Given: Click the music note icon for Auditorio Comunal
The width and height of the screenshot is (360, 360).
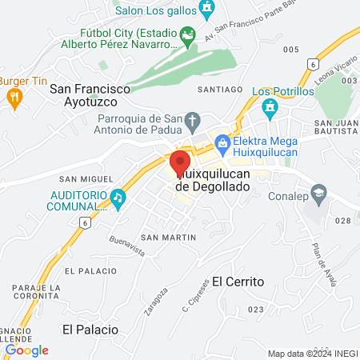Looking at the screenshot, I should (118, 196).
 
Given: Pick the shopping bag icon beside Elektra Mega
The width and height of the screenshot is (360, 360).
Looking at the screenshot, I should (222, 144).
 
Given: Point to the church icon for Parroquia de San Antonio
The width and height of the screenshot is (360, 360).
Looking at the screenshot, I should (192, 122).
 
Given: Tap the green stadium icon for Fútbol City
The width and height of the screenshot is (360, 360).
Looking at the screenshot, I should (187, 35).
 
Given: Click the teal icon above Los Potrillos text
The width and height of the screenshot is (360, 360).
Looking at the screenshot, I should (270, 105).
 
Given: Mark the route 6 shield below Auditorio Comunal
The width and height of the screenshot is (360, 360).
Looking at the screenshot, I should (85, 225).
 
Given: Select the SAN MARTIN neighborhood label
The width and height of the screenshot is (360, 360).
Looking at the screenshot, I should (168, 238).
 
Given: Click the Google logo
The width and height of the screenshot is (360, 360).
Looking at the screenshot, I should (26, 350).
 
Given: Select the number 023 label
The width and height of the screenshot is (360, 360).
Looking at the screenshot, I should (256, 309).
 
